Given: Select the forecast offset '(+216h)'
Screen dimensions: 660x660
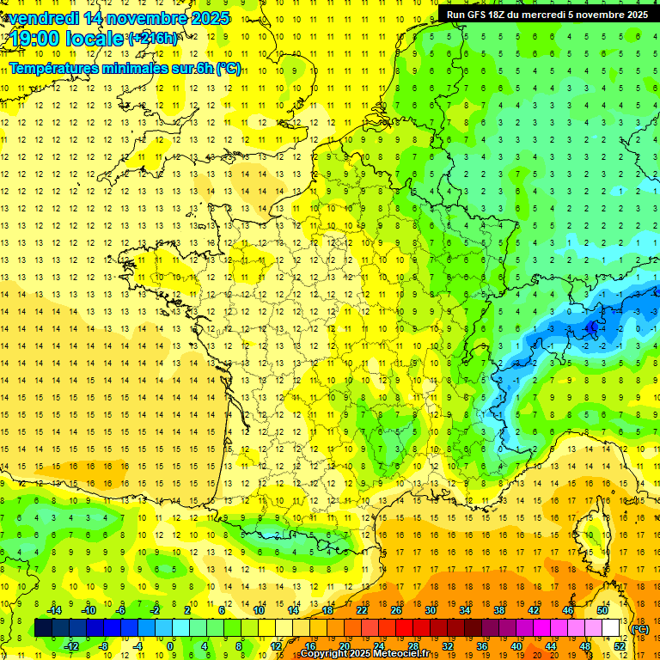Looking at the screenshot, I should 153,39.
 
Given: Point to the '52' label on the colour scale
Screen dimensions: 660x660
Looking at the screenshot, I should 620,645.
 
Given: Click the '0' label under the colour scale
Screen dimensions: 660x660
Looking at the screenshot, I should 170,645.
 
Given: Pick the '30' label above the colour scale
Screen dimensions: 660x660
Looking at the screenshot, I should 431,610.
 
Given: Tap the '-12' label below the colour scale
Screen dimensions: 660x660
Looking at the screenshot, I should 71,645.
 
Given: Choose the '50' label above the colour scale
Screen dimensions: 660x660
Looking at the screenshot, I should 602,610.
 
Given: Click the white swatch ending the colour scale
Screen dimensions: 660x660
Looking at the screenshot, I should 611,628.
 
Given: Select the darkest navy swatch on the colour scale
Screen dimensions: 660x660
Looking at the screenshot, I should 43,628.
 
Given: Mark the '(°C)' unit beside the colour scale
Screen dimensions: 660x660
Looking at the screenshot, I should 639,629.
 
